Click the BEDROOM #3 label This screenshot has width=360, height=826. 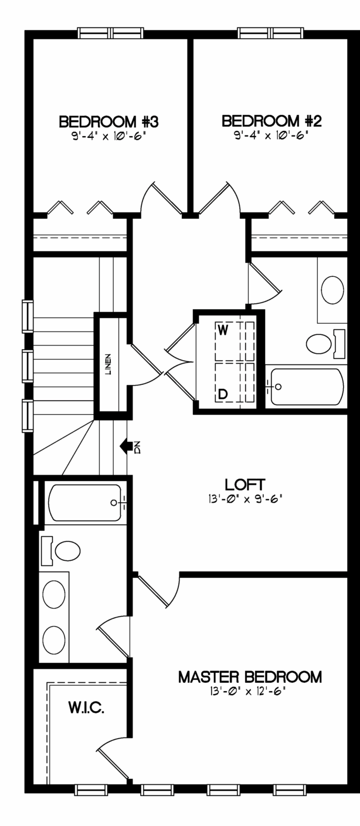click(108, 121)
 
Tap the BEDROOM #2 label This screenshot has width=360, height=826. click(271, 121)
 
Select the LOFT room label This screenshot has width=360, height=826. click(244, 484)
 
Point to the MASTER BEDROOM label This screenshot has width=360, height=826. click(250, 677)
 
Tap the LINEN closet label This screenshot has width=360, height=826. click(108, 365)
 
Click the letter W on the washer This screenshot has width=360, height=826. click(223, 330)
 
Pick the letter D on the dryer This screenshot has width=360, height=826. click(223, 394)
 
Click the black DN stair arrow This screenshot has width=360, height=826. click(127, 446)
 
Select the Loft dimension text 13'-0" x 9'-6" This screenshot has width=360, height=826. click(244, 499)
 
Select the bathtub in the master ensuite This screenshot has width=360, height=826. click(86, 503)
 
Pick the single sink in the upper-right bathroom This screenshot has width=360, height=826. click(332, 290)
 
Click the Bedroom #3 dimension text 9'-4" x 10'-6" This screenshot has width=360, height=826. click(107, 137)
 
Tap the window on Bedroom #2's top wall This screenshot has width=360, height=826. click(271, 33)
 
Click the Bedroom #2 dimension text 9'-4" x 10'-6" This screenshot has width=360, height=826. click(271, 136)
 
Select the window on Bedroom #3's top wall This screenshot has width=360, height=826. click(111, 33)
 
